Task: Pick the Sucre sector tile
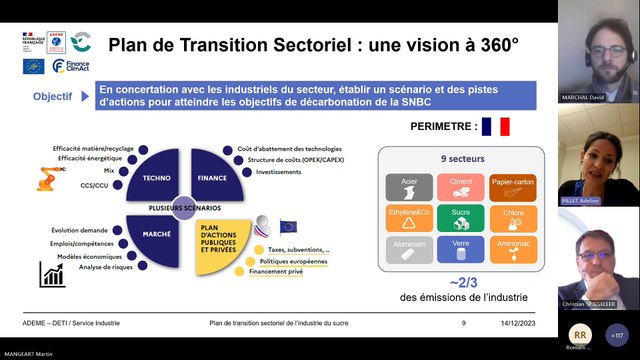click(461, 217)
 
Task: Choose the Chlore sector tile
click(513, 217)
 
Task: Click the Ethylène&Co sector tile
click(409, 217)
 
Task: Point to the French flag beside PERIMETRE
click(495, 127)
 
